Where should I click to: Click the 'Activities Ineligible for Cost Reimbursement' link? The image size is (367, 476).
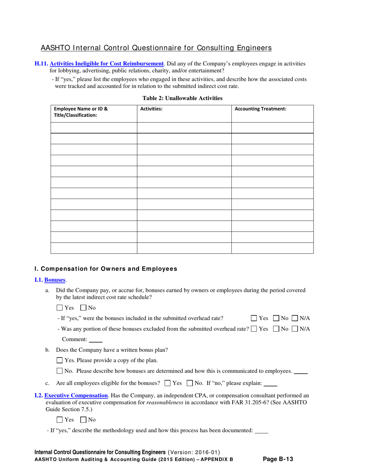[107, 63]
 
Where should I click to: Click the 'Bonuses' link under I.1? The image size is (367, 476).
[55, 280]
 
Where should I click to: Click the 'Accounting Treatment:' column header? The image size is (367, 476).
[261, 109]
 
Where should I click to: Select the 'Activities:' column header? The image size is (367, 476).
[151, 109]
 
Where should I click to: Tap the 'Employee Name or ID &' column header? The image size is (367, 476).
[81, 109]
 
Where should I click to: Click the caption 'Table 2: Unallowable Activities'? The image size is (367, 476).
[183, 98]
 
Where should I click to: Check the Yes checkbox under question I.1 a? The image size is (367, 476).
[59, 308]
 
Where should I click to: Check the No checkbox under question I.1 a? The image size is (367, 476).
[83, 308]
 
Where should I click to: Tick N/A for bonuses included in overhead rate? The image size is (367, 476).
[295, 318]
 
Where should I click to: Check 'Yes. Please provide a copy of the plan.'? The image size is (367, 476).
[59, 361]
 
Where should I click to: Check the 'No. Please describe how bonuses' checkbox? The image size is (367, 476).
[59, 371]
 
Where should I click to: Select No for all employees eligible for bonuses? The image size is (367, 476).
[190, 384]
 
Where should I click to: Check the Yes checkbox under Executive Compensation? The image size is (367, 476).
[59, 419]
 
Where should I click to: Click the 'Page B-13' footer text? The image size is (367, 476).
[278, 459]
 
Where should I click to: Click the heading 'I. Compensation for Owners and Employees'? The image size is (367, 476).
[106, 269]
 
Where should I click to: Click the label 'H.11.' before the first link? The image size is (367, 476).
[41, 63]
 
